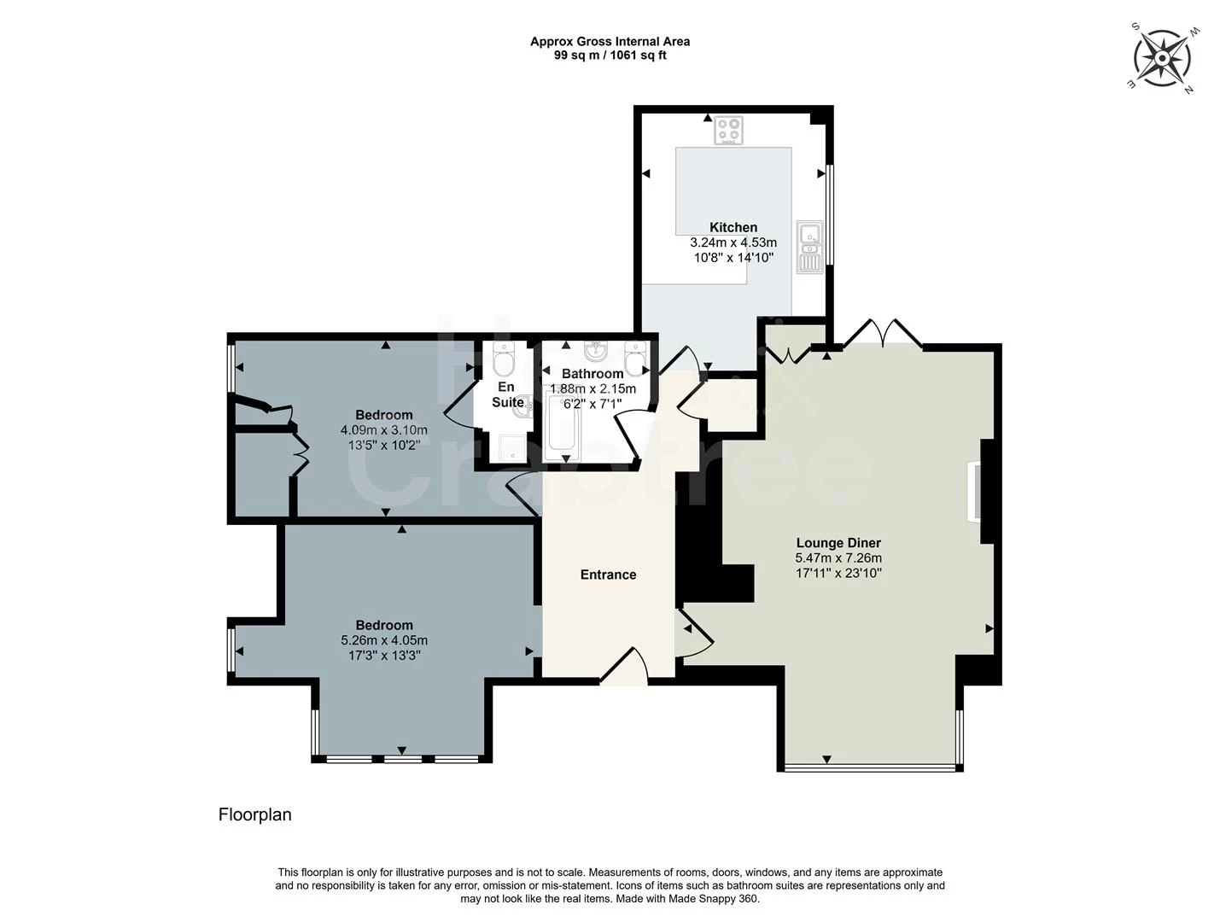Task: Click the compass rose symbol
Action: click(x=1162, y=58)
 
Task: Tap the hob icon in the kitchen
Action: click(x=728, y=131)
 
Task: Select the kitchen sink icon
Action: click(x=809, y=247)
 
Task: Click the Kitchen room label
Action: click(x=733, y=227)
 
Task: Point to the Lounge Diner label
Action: click(x=838, y=543)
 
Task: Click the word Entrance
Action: click(x=608, y=575)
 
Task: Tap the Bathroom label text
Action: click(x=592, y=374)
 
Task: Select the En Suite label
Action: click(x=507, y=394)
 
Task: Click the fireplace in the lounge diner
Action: click(x=973, y=491)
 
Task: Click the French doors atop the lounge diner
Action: click(x=882, y=333)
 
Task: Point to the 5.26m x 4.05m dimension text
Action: click(x=384, y=640)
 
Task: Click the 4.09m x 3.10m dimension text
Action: click(x=384, y=430)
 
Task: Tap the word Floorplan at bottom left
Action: click(x=254, y=814)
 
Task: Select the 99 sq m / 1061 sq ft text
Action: click(x=610, y=55)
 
